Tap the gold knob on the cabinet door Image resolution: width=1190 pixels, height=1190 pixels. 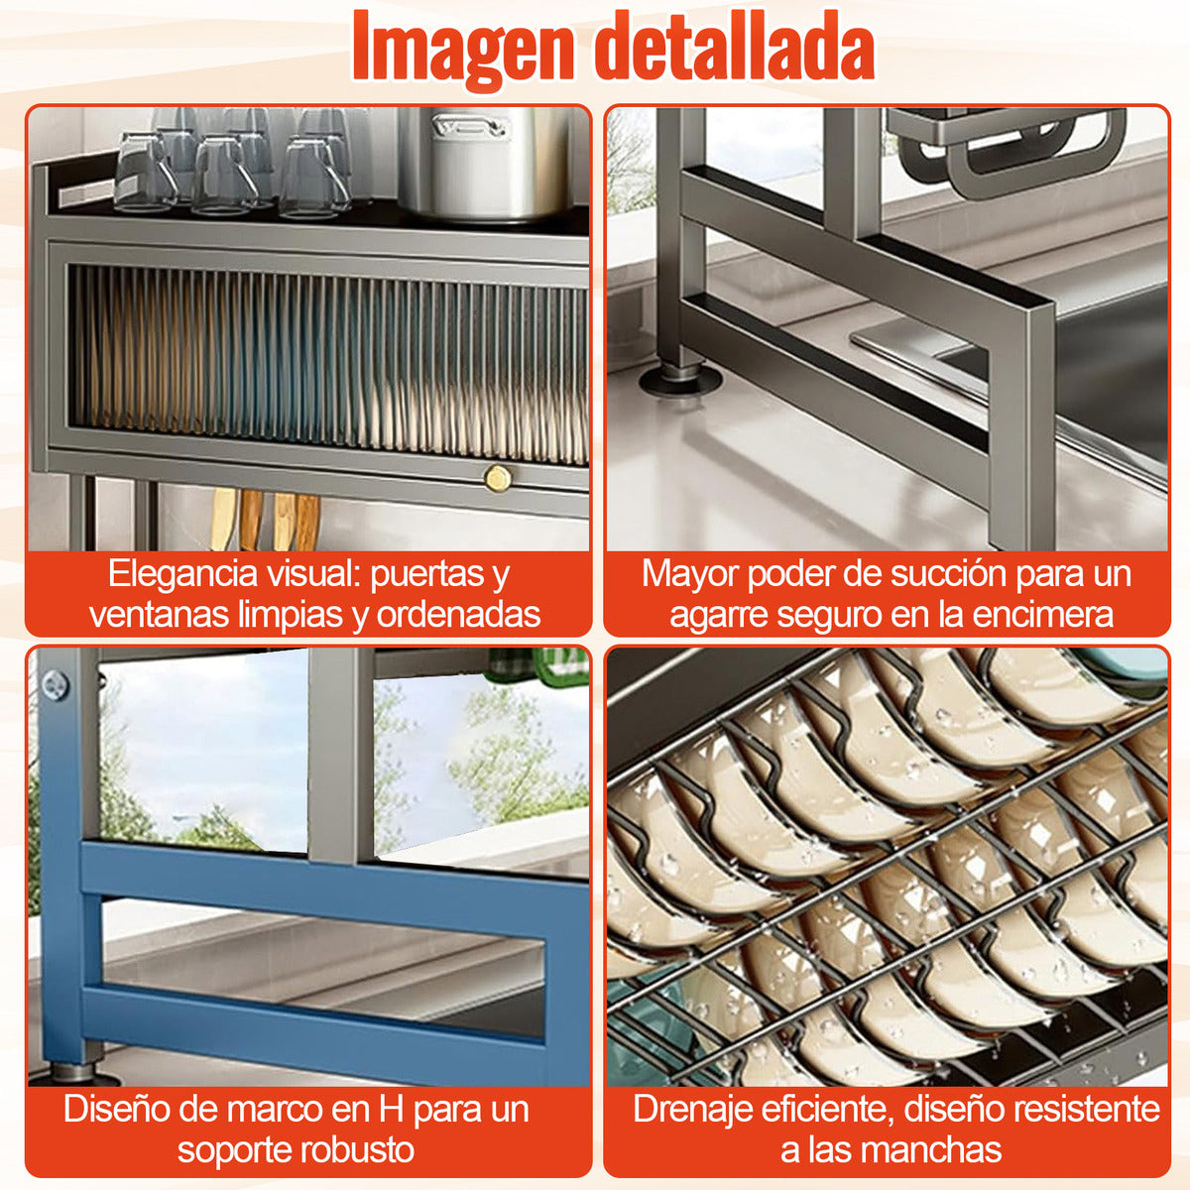[x=497, y=479]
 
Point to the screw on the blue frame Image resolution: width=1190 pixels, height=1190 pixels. [x=56, y=684]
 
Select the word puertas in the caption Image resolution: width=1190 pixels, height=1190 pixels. [x=416, y=573]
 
